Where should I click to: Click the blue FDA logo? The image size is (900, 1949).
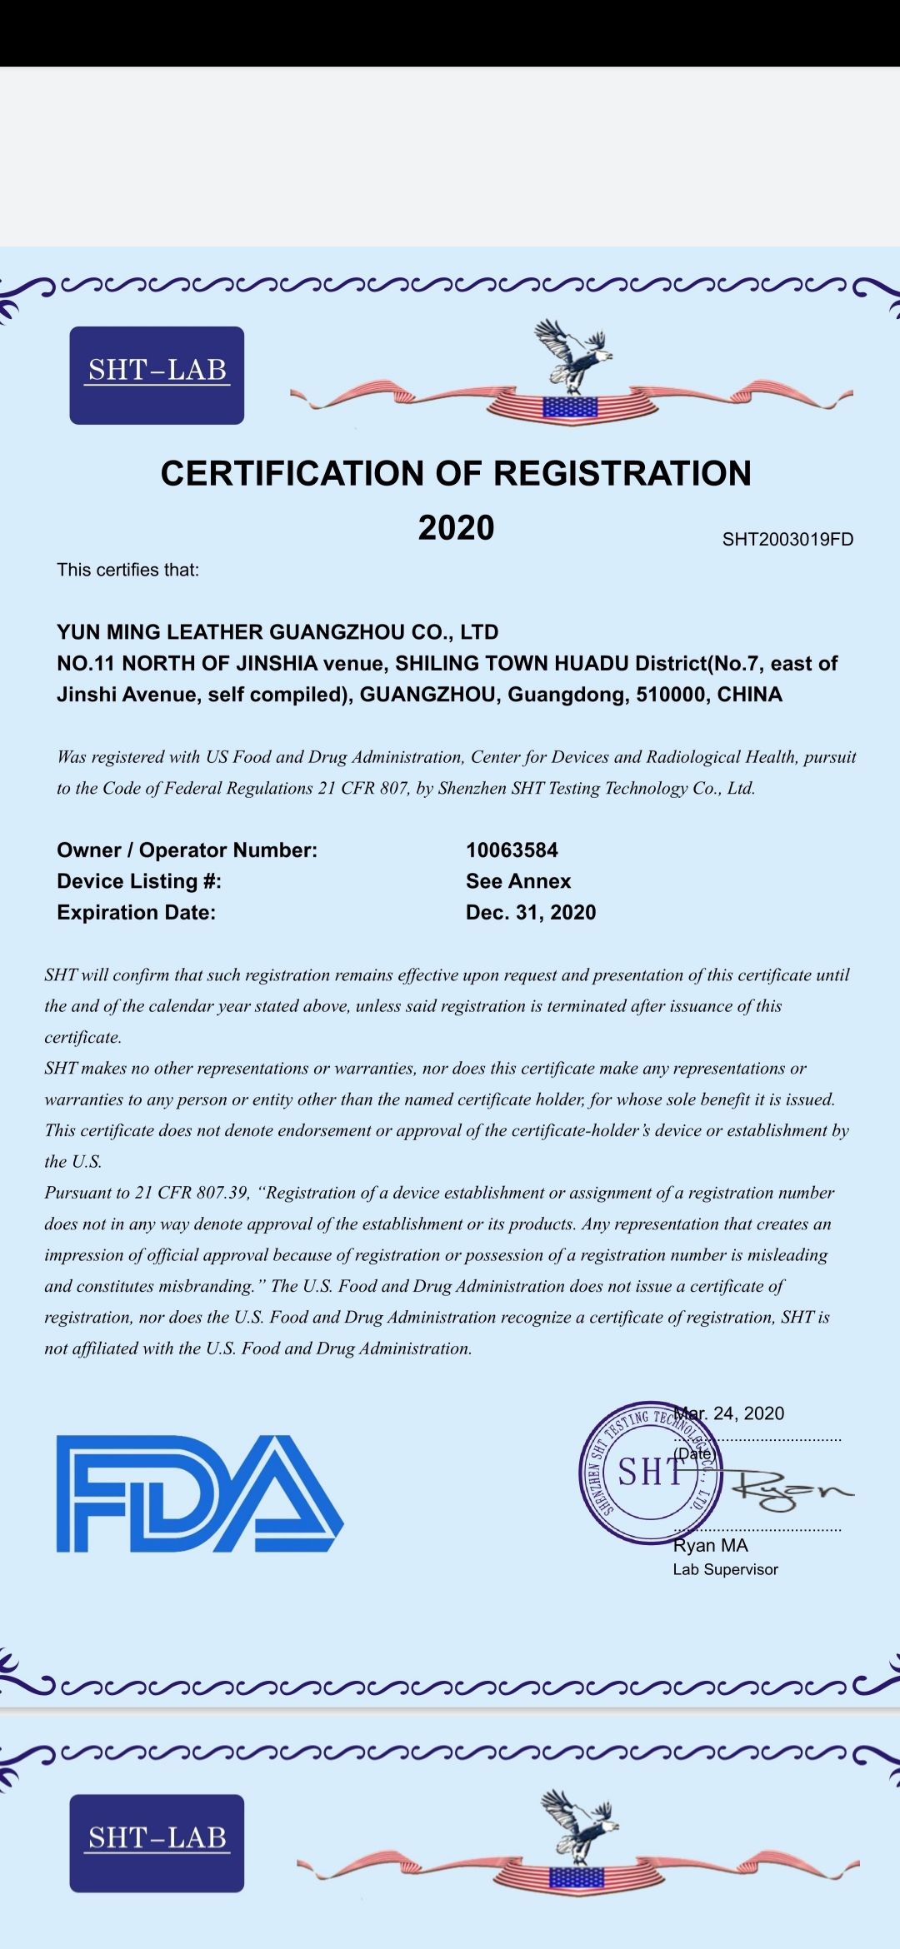point(199,1493)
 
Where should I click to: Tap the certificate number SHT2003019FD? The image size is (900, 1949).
point(787,539)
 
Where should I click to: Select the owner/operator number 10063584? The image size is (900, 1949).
point(512,850)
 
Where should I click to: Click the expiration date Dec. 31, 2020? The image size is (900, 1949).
point(531,912)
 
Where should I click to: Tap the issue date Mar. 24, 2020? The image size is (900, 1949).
point(730,1413)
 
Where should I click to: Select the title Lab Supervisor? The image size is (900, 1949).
point(725,1569)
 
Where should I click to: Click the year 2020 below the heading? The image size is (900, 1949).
point(456,527)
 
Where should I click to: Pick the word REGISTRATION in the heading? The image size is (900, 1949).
point(622,473)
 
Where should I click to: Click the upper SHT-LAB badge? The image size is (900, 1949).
point(157,375)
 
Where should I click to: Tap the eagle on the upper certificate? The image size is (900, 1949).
point(573,356)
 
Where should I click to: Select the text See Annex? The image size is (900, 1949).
point(518,881)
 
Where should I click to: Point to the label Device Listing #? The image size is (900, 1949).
point(139,881)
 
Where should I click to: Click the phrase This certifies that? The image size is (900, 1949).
point(127,570)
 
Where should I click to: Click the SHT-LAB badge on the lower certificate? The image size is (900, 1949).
point(157,1842)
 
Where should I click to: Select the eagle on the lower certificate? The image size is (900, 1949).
point(580,1826)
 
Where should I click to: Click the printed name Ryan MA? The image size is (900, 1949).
point(710,1545)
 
